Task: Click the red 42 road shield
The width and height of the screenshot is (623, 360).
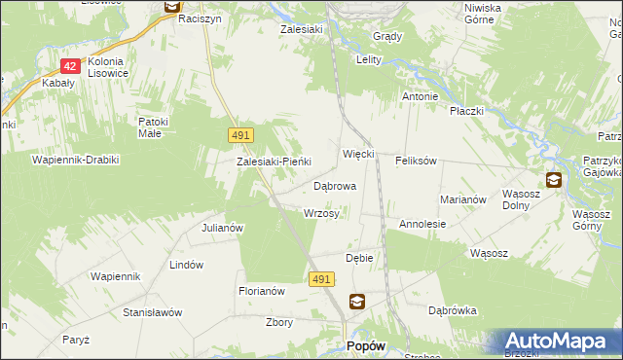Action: tap(69, 66)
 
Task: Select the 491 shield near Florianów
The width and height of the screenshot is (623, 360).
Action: tap(323, 279)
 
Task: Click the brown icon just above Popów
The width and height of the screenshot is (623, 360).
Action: tap(357, 303)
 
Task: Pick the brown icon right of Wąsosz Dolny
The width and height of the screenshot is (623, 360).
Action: tap(553, 179)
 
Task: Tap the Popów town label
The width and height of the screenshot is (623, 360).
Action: tap(366, 345)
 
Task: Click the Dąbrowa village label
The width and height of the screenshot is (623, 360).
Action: tap(334, 185)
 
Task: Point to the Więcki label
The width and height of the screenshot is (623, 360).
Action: tap(358, 155)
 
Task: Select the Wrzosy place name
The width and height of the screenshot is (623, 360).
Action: tap(321, 213)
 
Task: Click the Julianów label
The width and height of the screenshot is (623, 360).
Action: tap(221, 228)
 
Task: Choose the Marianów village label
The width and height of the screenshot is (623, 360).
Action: tap(462, 198)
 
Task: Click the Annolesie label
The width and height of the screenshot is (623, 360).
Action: tap(422, 224)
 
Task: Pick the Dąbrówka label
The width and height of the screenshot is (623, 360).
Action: tap(452, 311)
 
